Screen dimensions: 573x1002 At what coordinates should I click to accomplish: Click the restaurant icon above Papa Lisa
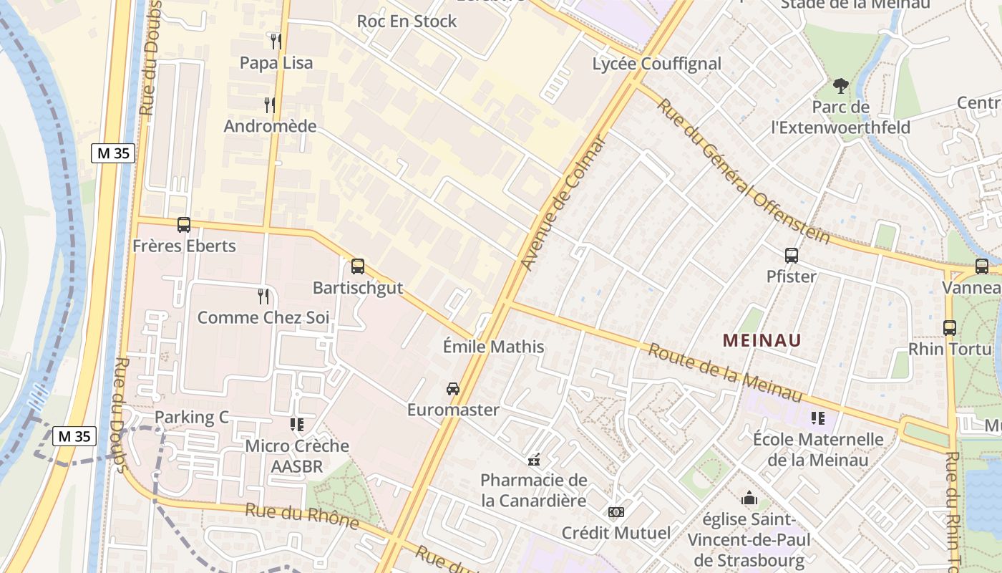click(276, 41)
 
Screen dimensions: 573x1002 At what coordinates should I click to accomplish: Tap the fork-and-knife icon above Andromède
click(270, 105)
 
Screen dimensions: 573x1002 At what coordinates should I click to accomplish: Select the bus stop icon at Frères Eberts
click(184, 225)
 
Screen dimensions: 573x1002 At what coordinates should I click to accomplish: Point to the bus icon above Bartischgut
click(358, 266)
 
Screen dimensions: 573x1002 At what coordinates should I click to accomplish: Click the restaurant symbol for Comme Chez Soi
click(263, 296)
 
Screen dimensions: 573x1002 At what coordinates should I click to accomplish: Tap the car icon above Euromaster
click(453, 389)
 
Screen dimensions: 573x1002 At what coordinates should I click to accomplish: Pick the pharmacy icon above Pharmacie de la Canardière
click(533, 459)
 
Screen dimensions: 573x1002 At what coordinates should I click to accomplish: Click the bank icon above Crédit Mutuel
click(616, 512)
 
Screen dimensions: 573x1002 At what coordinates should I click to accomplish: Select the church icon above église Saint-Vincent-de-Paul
click(749, 498)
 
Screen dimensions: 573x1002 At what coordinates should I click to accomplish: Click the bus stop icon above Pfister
click(792, 255)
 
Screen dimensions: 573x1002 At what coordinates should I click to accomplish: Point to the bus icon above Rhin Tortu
click(950, 328)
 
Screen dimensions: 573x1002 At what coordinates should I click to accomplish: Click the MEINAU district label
click(762, 340)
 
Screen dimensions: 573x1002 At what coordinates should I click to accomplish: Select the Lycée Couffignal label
click(657, 64)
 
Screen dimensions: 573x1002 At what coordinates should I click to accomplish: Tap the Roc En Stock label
click(407, 21)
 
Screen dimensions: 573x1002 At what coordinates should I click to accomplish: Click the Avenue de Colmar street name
click(564, 203)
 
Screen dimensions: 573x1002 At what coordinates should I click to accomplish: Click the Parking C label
click(192, 418)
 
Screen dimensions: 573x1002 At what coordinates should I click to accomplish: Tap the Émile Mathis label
click(494, 347)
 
